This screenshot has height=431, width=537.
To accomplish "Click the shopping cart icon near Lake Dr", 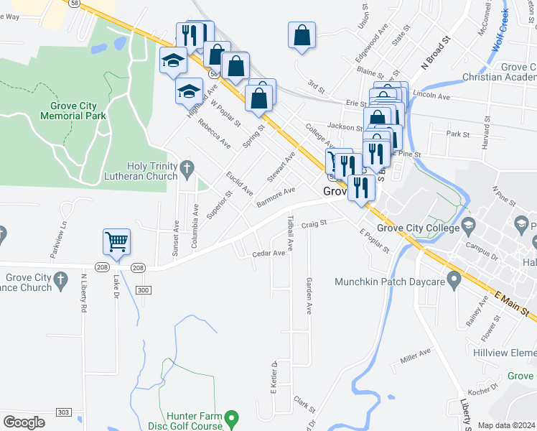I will click(x=116, y=242).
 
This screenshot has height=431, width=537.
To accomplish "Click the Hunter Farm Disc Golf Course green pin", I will click(x=230, y=417).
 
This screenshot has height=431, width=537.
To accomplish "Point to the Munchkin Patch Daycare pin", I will click(x=453, y=277).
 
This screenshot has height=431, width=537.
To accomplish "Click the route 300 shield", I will click(x=144, y=289).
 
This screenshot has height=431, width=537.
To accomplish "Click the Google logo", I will click(x=24, y=422).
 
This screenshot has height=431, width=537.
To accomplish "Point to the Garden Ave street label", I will click(x=309, y=296).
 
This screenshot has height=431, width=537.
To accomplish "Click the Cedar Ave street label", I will click(x=268, y=254).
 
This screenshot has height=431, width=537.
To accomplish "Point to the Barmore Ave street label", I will click(x=276, y=196).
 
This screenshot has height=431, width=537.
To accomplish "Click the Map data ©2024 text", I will click(x=506, y=425).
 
